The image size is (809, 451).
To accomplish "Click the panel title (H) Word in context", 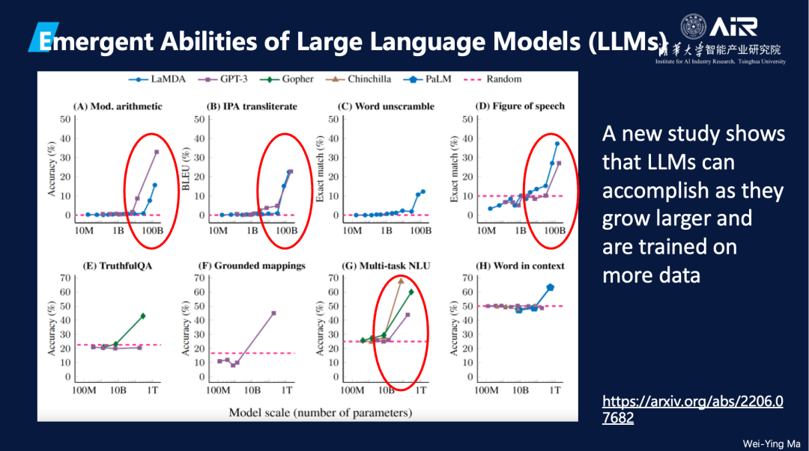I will coord(520,266).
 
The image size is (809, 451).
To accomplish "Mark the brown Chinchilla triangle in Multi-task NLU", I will coord(401,281).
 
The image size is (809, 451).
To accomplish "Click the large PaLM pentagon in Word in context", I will coord(551,287).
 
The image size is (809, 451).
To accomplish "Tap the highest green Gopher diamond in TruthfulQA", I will coord(142,316).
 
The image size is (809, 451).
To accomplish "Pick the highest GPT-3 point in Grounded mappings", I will coord(273,313).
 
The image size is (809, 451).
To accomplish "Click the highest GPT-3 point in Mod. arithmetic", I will coord(157,152).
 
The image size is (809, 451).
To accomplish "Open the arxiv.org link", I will coord(693,409).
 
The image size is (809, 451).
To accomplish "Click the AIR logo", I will coord(732,28).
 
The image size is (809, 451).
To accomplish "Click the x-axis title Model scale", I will coord(320,412).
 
